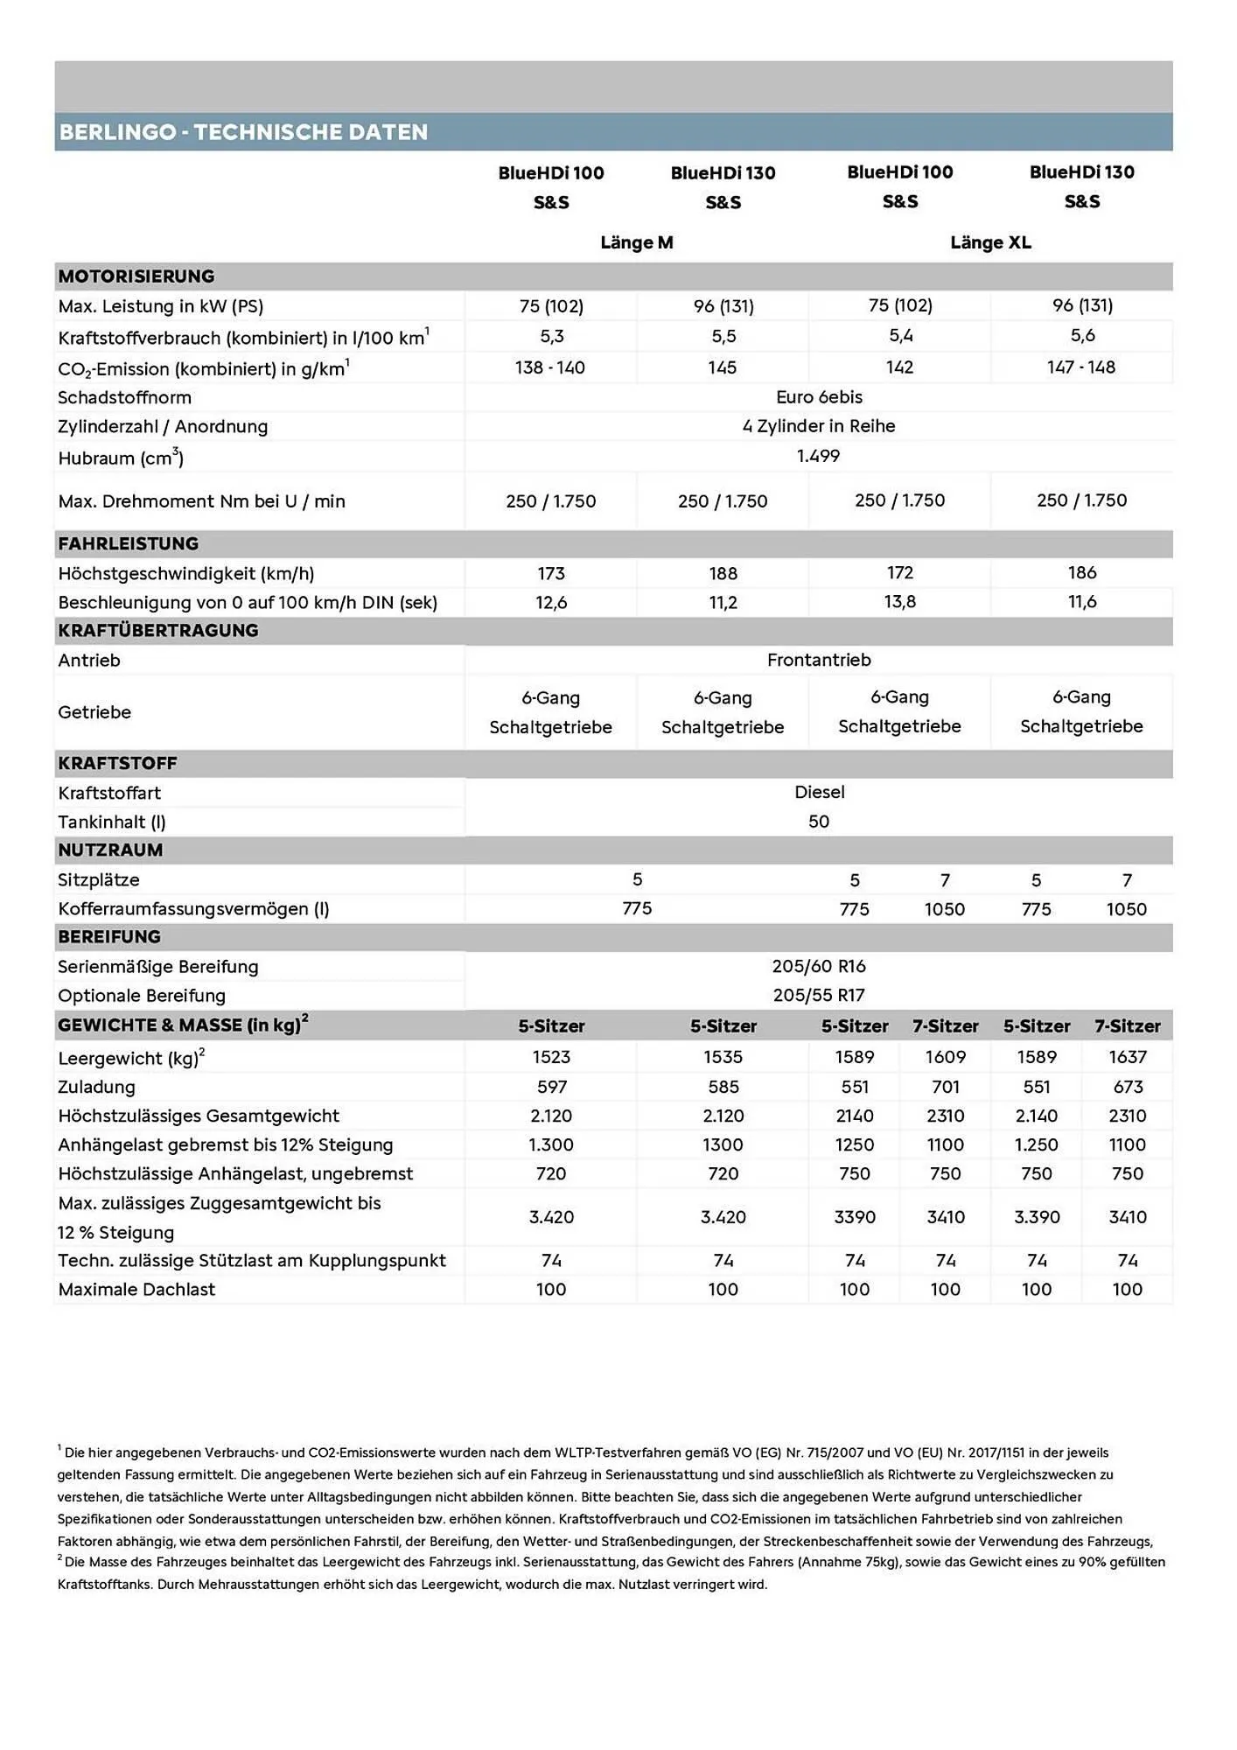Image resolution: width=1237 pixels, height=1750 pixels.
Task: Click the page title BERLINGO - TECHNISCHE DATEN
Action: coord(243,132)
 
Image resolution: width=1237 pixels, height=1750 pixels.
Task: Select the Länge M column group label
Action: coord(637,242)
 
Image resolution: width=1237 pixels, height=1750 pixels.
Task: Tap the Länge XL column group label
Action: coord(990,242)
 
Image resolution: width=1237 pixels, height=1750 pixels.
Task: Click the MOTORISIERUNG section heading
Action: coord(136,276)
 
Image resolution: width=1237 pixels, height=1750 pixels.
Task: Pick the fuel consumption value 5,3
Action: coord(551,336)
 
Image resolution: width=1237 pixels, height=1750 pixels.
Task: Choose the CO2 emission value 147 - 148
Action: coord(1081,367)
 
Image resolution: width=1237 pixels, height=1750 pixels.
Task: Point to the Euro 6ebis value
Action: coord(819,397)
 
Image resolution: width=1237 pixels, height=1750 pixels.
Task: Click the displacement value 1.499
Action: coord(818,456)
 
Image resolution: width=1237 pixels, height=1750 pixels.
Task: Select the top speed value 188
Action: coord(723,573)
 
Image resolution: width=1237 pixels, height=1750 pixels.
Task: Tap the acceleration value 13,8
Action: coord(899,602)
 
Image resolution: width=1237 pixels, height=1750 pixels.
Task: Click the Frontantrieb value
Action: coord(819,660)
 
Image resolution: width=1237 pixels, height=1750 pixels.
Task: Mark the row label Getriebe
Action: coord(94,712)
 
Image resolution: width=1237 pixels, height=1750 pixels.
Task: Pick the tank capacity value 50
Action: coord(819,822)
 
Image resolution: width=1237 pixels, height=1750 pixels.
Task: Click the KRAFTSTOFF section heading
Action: coord(117,763)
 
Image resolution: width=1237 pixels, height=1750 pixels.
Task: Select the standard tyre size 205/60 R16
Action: coord(819,966)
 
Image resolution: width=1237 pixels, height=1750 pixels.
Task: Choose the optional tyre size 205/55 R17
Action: coord(819,995)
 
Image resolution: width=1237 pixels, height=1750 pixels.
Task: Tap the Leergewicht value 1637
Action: coord(1128,1057)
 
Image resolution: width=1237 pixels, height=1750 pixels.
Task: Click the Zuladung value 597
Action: coord(551,1087)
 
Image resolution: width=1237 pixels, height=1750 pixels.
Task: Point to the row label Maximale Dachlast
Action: coord(136,1289)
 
